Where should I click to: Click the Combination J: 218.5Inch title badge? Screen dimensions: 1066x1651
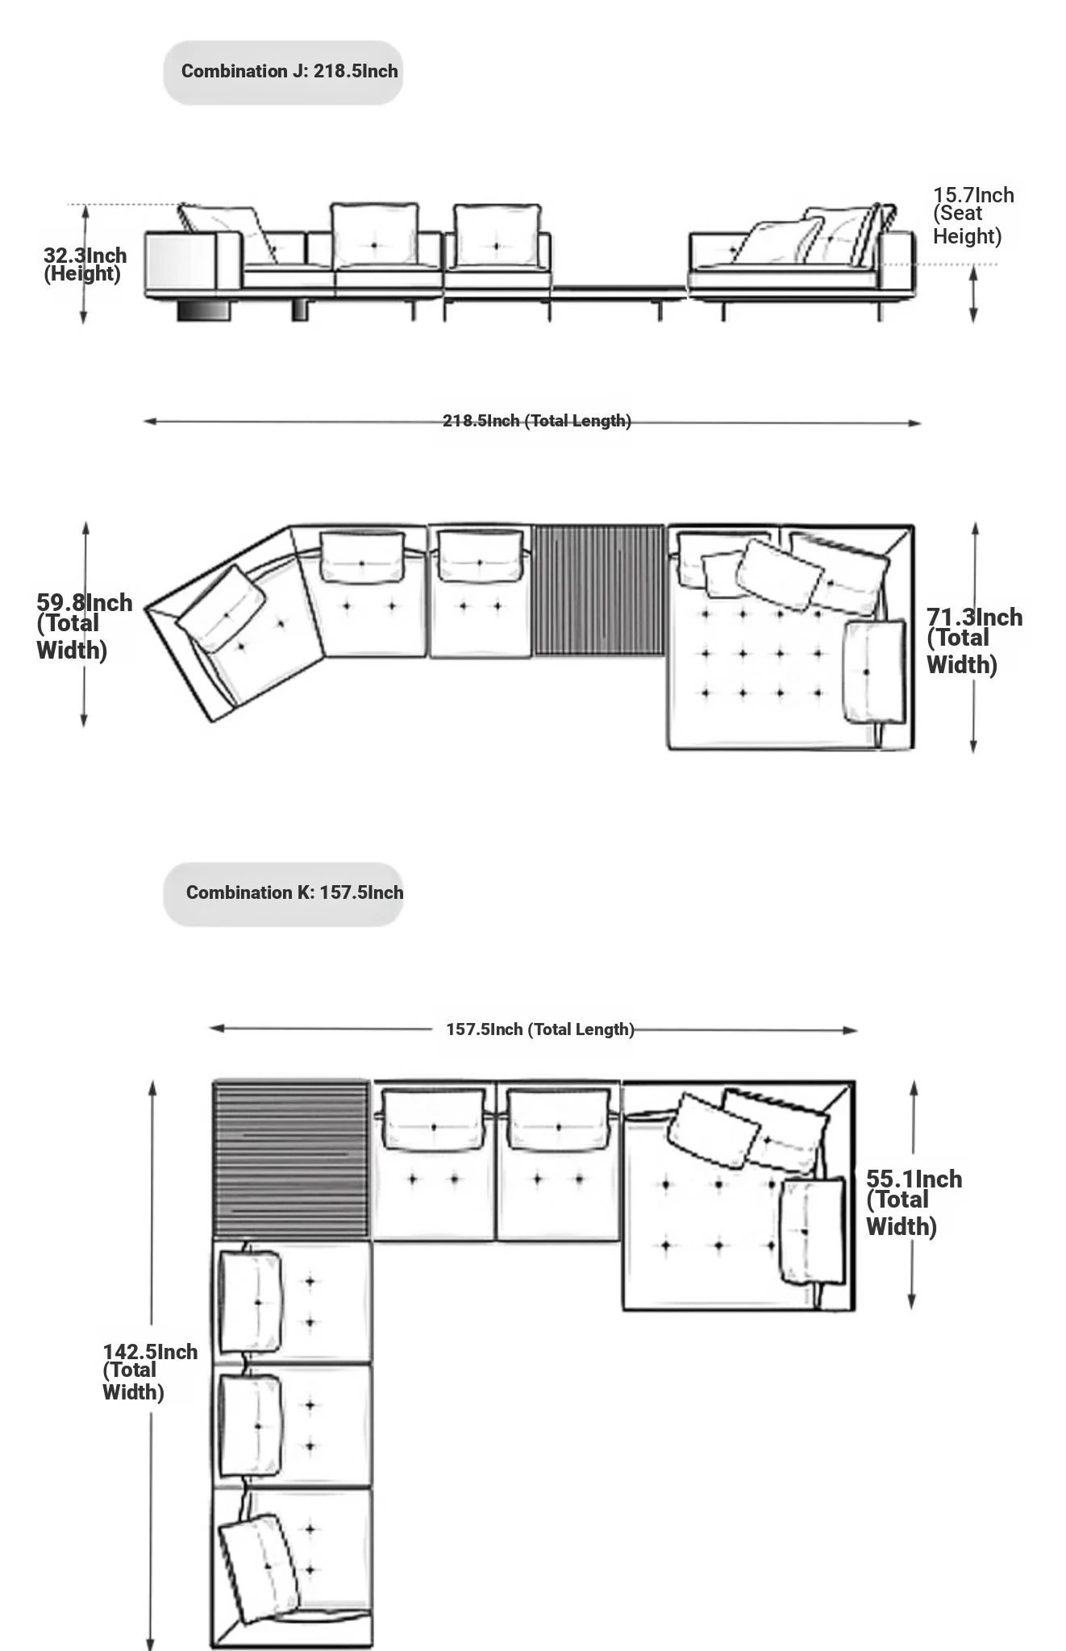283,73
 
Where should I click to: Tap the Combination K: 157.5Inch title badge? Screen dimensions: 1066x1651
283,894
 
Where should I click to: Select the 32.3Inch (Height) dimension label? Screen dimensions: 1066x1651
85,264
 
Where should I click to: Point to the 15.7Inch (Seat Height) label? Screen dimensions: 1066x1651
972,215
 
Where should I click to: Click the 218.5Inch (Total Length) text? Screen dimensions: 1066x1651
537,421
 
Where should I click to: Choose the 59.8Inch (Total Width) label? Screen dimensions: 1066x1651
84,626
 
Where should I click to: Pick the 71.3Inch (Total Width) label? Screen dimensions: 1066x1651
974,640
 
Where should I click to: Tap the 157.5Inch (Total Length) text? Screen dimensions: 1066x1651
540,1029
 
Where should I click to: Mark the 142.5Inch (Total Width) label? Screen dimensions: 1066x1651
150,1371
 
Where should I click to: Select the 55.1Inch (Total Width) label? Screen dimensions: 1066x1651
914,1202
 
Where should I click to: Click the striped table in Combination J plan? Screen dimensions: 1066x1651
599,590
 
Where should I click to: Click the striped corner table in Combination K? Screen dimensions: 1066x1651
291,1160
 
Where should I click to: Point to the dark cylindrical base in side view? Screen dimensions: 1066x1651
204,310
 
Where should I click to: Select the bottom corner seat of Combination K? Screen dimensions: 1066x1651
293,1568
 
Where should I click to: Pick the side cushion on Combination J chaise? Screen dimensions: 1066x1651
874,672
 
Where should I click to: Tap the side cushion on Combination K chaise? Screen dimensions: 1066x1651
813,1231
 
